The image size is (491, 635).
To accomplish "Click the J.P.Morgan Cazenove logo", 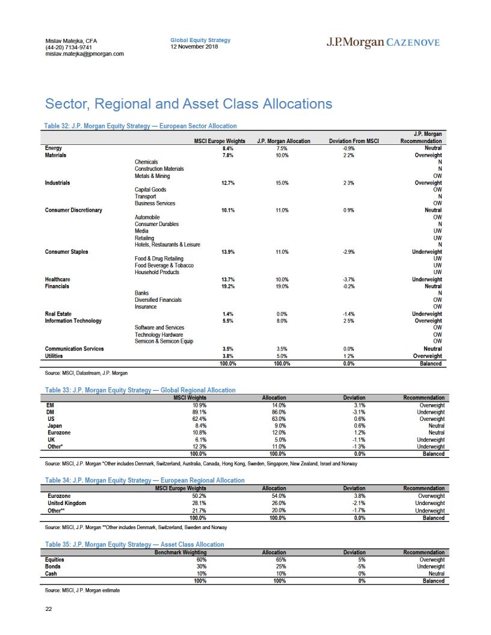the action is (383, 42).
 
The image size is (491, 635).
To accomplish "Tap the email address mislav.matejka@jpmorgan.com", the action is (85, 54).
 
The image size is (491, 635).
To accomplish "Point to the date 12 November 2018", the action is (194, 46).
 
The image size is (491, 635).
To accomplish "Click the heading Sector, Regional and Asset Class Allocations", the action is (188, 103).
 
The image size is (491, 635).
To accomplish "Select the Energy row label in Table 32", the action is (54, 148).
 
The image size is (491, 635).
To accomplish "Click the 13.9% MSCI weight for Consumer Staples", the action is (228, 252).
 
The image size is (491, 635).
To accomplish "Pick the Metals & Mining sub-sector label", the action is (152, 176).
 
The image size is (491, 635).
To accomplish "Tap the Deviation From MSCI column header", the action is (354, 141).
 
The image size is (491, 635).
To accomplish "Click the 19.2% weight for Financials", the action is (228, 286).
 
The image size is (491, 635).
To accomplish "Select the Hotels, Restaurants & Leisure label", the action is (167, 245).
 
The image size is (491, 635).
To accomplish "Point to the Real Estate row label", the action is (58, 314).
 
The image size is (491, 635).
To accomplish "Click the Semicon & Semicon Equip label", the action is (164, 342).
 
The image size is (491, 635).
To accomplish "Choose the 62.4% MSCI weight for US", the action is (199, 419).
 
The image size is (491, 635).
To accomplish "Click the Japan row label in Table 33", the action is (55, 426).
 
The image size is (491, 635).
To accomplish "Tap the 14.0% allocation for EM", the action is (279, 405).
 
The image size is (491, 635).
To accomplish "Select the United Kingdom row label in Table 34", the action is (67, 503).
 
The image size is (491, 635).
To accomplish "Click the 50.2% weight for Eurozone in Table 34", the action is (199, 496).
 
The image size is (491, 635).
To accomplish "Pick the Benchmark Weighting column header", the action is (181, 553).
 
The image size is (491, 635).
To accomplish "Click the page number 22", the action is (49, 609).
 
